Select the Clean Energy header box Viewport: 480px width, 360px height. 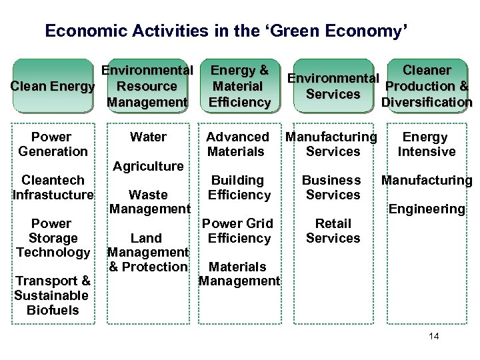tap(52, 86)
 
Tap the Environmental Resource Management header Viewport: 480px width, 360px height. tap(147, 86)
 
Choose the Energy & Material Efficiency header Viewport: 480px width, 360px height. tap(239, 86)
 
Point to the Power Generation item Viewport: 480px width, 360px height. tap(53, 144)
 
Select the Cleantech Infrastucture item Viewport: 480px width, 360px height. tap(53, 187)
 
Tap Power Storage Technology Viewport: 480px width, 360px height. tap(53, 238)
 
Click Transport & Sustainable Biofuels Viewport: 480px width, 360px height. tap(53, 295)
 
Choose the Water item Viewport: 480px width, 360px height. tap(148, 137)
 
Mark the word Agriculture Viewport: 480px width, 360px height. tap(148, 166)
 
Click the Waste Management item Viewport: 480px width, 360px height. tap(148, 202)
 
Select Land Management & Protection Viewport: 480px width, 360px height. tap(147, 252)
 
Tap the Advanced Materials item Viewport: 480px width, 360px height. tap(238, 144)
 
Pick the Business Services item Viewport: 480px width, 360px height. tap(331, 187)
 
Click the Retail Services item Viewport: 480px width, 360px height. tap(333, 231)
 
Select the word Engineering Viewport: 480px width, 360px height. tap(427, 209)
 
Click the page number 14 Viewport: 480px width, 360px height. tap(434, 336)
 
